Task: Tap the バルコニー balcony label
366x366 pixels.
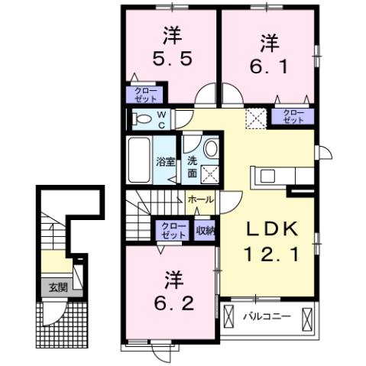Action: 266,316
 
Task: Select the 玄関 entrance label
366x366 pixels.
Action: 58,288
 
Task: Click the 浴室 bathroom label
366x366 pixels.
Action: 165,161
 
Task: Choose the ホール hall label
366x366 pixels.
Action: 200,199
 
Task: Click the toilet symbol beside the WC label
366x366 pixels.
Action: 142,118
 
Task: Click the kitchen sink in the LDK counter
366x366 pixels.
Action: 268,176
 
